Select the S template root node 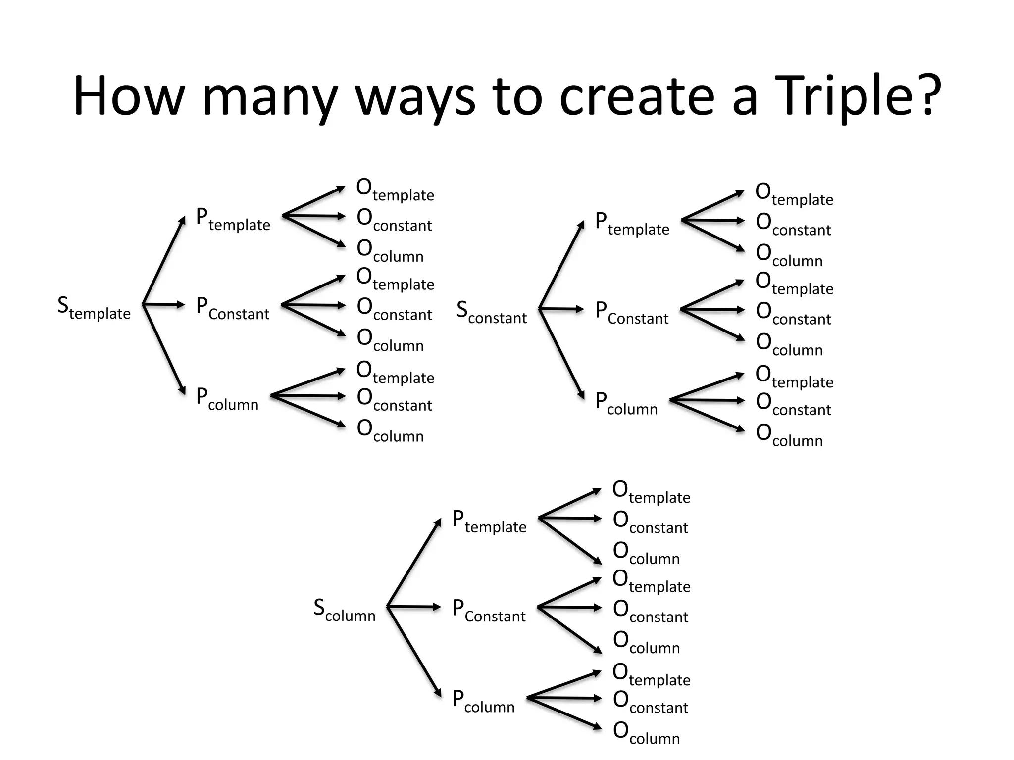[x=94, y=308]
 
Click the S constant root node [x=491, y=312]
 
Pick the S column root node [x=344, y=610]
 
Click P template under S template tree [x=233, y=220]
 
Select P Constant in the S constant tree [x=631, y=313]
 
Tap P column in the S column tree [x=483, y=702]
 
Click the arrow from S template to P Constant [x=163, y=304]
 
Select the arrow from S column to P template [x=414, y=562]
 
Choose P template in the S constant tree [x=632, y=224]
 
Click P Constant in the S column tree [x=489, y=611]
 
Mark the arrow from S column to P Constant [x=413, y=607]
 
